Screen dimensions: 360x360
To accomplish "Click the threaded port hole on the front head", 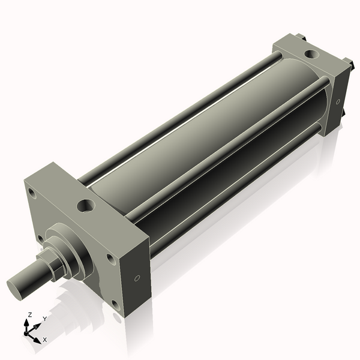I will click(86, 206).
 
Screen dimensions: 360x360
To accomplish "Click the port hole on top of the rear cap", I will click(311, 54).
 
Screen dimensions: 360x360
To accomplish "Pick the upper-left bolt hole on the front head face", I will click(31, 193).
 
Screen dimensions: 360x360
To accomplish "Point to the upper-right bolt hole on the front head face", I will click(110, 259).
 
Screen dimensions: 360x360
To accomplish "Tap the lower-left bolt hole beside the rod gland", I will click(40, 238).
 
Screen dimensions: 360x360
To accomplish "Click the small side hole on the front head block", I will click(137, 278).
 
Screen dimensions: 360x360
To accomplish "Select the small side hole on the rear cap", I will click(338, 101).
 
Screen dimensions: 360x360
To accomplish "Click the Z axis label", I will click(30, 314).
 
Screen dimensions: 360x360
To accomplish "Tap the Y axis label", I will click(44, 319).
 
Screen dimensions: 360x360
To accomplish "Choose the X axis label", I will click(45, 340).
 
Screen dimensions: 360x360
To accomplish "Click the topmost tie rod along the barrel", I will click(180, 115).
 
